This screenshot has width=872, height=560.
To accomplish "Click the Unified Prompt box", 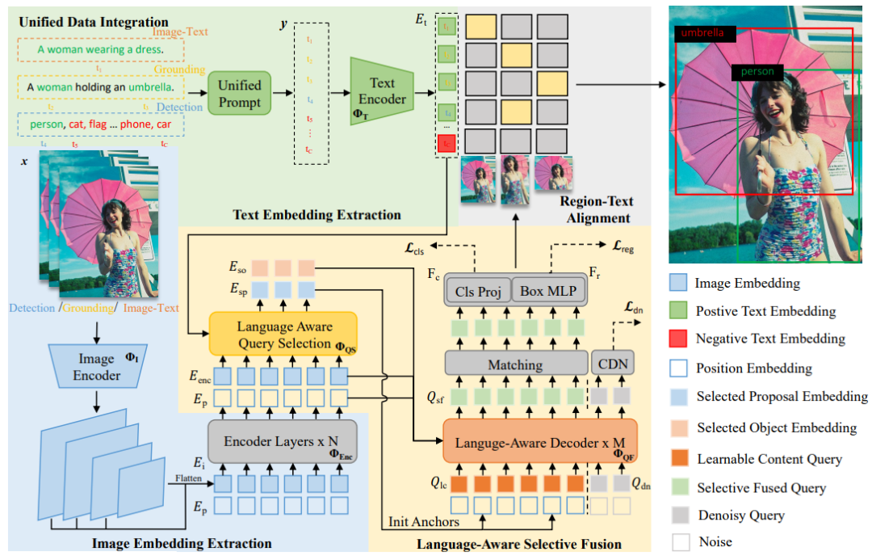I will click(239, 94).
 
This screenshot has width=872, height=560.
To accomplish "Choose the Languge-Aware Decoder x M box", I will click(539, 442).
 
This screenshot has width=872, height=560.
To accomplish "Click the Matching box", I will click(514, 364).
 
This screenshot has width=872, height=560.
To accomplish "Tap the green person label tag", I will click(757, 72).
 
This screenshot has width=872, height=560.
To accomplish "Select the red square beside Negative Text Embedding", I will click(679, 339).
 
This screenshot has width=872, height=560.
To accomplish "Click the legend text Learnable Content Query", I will click(769, 459).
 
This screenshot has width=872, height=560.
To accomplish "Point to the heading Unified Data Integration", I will click(94, 22).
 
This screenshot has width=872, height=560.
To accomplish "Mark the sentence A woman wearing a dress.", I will click(100, 49).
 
